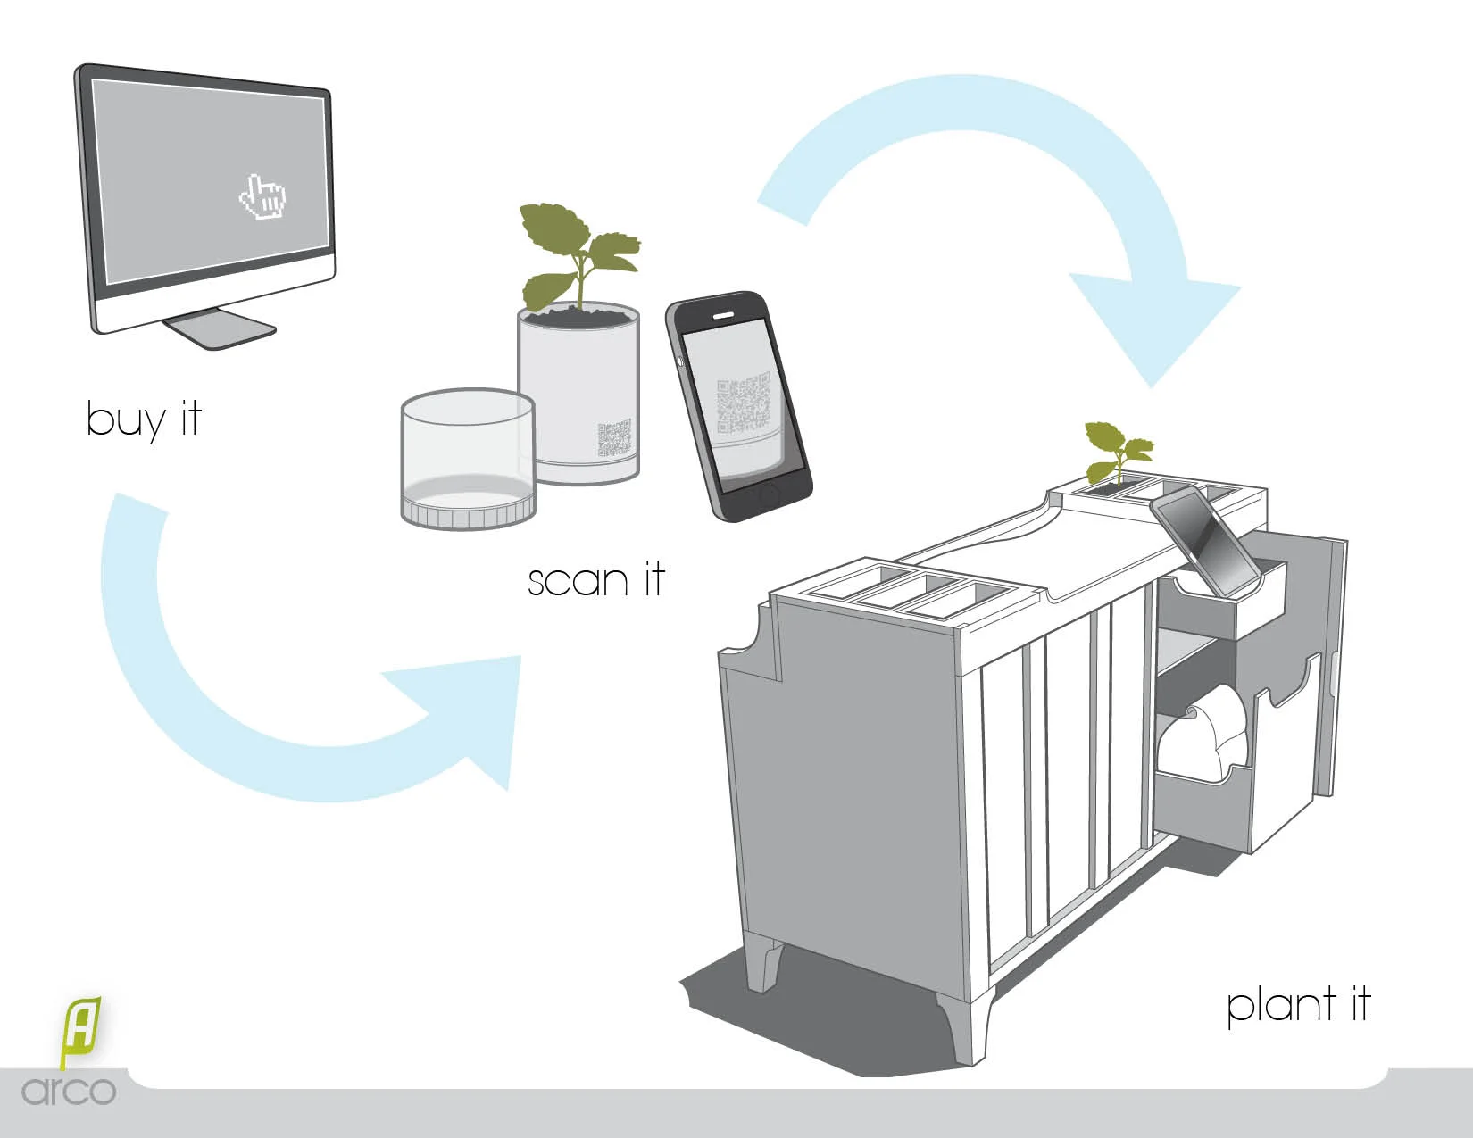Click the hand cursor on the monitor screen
(x=262, y=197)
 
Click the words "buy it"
(x=144, y=419)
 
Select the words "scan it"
(x=595, y=580)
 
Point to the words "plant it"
(x=1297, y=1005)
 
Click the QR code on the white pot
(x=614, y=439)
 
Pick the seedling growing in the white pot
(x=576, y=253)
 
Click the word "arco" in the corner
(x=69, y=1091)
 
